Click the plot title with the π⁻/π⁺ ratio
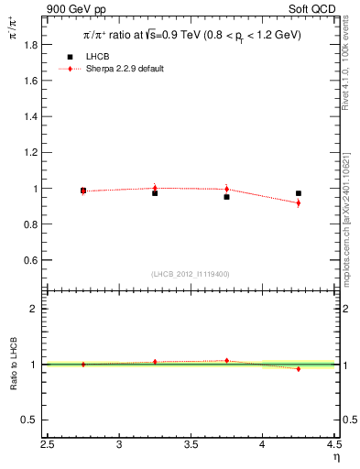tap(191, 36)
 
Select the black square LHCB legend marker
tap(70, 57)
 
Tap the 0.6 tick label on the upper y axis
tap(34, 260)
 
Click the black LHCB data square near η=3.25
tap(155, 193)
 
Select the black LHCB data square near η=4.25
tap(299, 193)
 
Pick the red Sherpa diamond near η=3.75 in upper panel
tap(226, 190)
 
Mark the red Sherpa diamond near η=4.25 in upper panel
tap(299, 202)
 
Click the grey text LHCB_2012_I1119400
tap(191, 274)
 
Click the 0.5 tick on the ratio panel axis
tap(34, 420)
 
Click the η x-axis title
tap(335, 458)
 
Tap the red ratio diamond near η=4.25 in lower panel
tap(299, 369)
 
